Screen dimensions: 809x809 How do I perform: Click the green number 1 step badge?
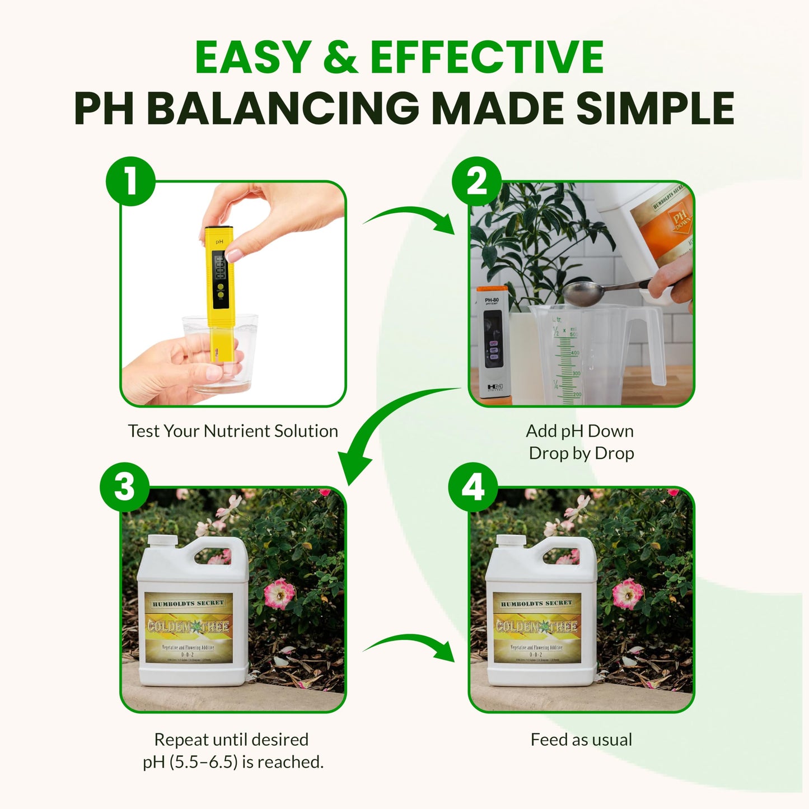click(130, 181)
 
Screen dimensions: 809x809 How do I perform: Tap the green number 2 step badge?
click(476, 181)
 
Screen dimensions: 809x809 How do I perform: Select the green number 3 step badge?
click(124, 487)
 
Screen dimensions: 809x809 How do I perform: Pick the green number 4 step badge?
click(473, 487)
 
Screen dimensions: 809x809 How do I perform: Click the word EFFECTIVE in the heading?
click(487, 58)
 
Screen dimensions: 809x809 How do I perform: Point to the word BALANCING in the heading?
click(283, 108)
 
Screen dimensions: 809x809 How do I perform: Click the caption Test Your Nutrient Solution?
click(233, 431)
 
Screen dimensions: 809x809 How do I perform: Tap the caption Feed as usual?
click(581, 740)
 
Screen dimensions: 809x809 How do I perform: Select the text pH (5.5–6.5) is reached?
click(233, 762)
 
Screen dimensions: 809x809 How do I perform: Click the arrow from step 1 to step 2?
click(411, 218)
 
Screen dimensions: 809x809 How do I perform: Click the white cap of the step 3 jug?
click(162, 540)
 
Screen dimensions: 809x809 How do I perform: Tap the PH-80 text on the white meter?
click(492, 301)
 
